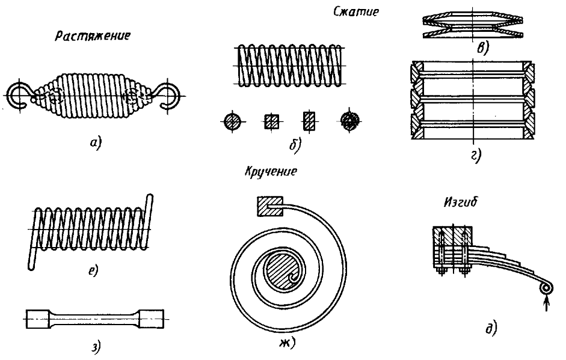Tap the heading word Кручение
pyautogui.click(x=271, y=171)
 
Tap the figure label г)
pyautogui.click(x=475, y=157)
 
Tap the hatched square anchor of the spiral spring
pyautogui.click(x=266, y=207)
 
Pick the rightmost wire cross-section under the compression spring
pyautogui.click(x=349, y=121)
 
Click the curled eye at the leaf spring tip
pyautogui.click(x=546, y=288)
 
